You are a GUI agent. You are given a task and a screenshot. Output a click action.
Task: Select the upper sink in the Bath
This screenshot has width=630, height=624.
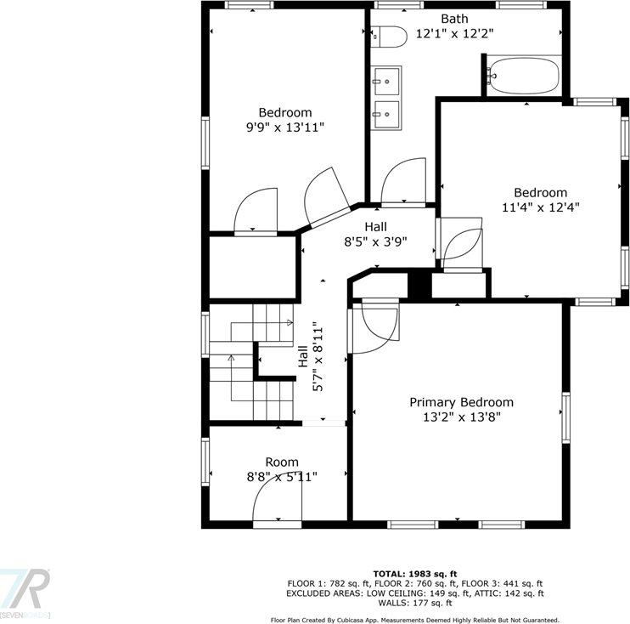(x=387, y=82)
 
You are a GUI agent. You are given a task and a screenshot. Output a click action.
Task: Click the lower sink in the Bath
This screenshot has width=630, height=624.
(x=387, y=111)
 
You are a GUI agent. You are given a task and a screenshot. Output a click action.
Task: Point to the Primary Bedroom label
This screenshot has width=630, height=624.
(x=461, y=402)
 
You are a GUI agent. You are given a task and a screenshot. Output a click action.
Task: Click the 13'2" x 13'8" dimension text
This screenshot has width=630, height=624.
(x=461, y=417)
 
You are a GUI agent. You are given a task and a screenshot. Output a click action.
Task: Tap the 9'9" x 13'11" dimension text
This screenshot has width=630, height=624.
(x=284, y=128)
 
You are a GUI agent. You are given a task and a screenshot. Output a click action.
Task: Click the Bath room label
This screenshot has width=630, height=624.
(x=453, y=19)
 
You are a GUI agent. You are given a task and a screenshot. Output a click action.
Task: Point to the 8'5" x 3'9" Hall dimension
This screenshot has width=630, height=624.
(x=375, y=241)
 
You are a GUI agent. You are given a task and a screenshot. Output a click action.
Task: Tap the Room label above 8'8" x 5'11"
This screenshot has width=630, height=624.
(x=281, y=462)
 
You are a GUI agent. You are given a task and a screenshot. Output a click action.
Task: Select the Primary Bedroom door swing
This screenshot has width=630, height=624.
(x=379, y=327)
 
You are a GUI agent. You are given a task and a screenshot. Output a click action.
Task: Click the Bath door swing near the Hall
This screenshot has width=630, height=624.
(x=402, y=183)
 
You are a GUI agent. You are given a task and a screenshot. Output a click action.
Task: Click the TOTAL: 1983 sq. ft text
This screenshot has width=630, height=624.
(x=415, y=574)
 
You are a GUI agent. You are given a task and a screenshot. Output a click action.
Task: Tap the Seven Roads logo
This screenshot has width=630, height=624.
(x=25, y=592)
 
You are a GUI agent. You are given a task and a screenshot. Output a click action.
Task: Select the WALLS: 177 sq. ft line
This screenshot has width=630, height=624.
(x=415, y=603)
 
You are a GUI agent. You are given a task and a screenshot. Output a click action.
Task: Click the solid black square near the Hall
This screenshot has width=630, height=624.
(x=419, y=284)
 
